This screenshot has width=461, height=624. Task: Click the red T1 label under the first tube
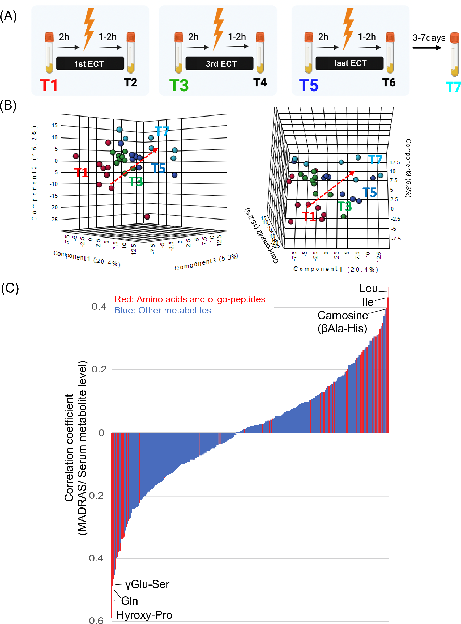(49, 85)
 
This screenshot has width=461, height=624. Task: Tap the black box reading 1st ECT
(90, 64)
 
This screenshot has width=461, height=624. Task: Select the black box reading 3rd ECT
(219, 64)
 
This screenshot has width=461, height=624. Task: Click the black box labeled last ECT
(349, 63)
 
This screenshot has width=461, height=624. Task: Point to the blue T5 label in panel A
(308, 85)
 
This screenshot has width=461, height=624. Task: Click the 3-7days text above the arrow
(429, 38)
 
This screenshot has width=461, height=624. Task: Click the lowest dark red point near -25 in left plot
(147, 217)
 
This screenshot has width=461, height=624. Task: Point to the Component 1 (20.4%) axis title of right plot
(336, 269)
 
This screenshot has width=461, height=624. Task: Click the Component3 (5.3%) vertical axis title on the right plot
(408, 168)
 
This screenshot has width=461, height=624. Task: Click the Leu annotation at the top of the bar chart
(368, 289)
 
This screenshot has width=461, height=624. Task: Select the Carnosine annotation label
(343, 316)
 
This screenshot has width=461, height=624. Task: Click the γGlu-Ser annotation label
(147, 584)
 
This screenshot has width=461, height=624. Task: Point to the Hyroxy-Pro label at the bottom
(144, 615)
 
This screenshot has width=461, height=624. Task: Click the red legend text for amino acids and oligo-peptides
(190, 299)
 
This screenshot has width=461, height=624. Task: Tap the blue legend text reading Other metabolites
(163, 310)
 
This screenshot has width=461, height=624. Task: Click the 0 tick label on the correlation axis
(101, 433)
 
